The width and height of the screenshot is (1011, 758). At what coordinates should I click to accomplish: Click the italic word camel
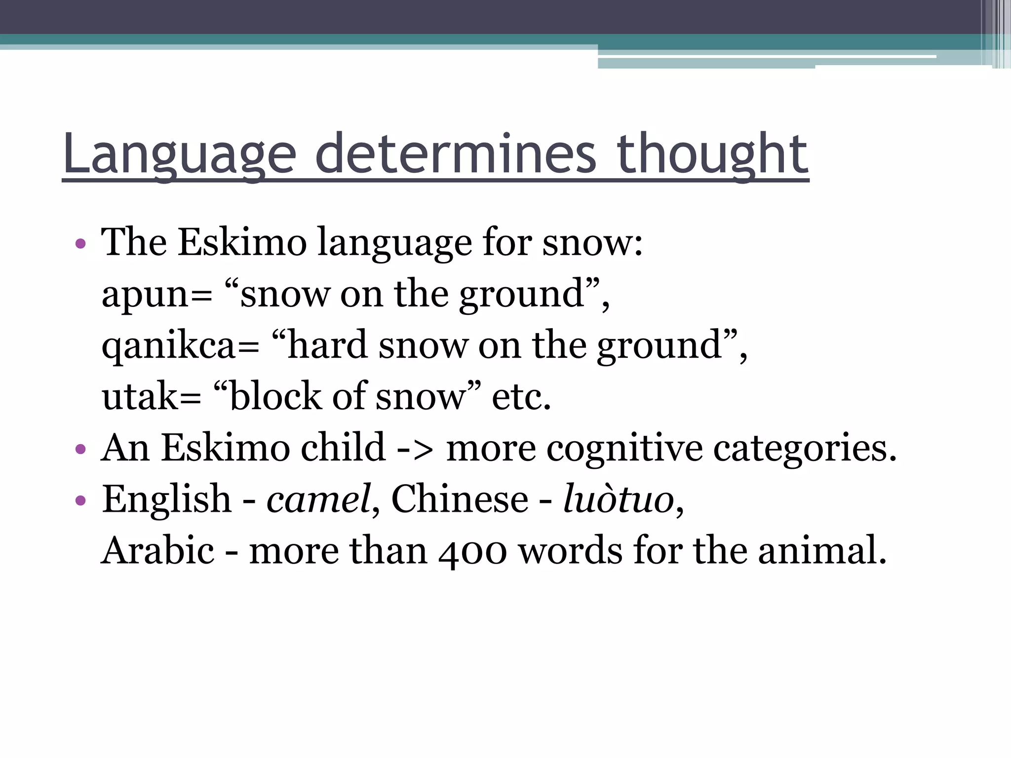318,499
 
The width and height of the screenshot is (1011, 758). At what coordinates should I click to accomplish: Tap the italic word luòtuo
619,499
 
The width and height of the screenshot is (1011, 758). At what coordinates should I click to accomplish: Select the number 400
472,552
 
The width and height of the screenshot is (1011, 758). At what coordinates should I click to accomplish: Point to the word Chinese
460,499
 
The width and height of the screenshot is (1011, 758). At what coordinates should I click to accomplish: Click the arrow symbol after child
415,449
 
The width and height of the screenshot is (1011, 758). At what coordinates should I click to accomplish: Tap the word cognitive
624,449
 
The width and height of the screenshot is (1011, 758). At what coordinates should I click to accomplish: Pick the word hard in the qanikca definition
327,345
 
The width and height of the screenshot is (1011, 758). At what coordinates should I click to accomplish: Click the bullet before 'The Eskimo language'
80,244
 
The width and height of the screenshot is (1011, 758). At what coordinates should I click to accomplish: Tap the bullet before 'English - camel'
80,500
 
